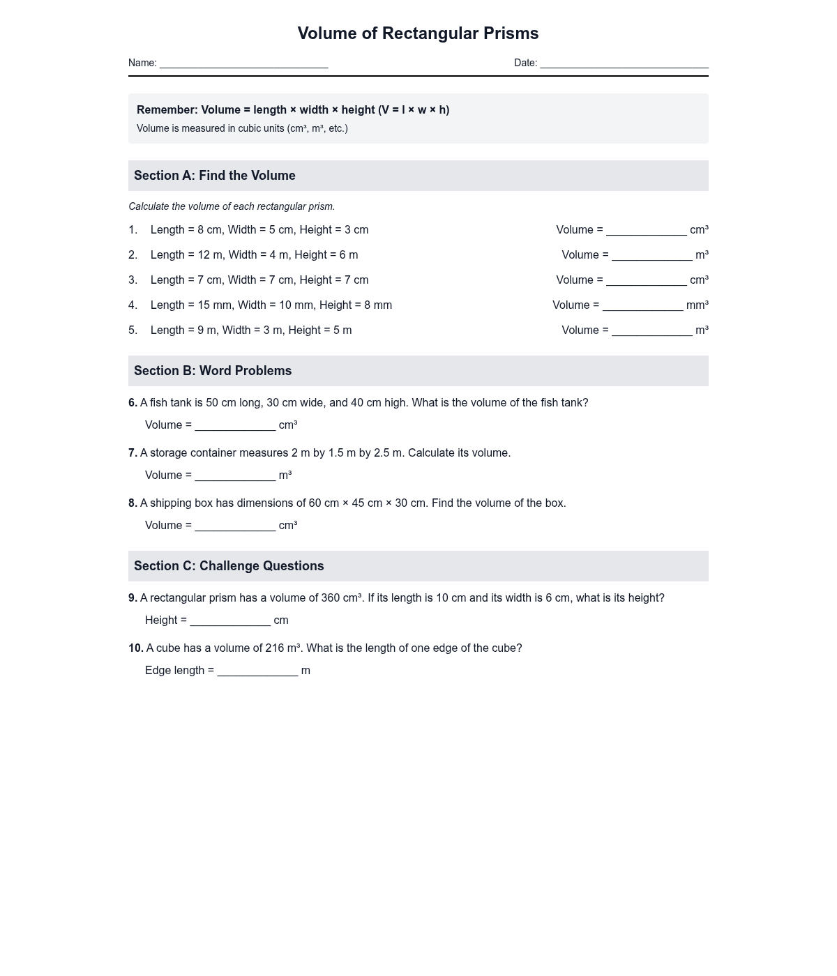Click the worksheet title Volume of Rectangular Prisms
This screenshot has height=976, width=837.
[x=418, y=33]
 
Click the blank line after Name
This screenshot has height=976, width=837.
[x=243, y=64]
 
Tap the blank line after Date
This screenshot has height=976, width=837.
[x=624, y=64]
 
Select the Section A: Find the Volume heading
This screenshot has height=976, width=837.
[x=215, y=176]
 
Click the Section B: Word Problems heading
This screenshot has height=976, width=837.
[x=213, y=371]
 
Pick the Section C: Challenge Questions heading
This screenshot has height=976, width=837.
[x=229, y=566]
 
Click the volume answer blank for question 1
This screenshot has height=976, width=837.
[x=646, y=231]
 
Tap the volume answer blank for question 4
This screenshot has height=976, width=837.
[x=642, y=307]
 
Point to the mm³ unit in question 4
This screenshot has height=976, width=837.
[x=697, y=305]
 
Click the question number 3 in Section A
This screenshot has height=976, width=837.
[x=133, y=280]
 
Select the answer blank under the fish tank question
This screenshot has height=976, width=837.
[x=235, y=427]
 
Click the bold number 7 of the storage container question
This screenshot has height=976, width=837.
[x=133, y=453]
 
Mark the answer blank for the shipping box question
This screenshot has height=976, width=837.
[x=235, y=527]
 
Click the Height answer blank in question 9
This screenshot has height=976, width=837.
[x=230, y=622]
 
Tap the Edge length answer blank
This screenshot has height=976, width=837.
[x=257, y=672]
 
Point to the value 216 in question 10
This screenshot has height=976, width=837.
[x=274, y=648]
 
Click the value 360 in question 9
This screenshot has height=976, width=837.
[x=330, y=598]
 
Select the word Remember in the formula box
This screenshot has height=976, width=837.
[x=167, y=110]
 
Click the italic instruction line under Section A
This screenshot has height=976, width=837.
[x=232, y=206]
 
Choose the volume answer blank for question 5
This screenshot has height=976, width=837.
[x=651, y=332]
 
